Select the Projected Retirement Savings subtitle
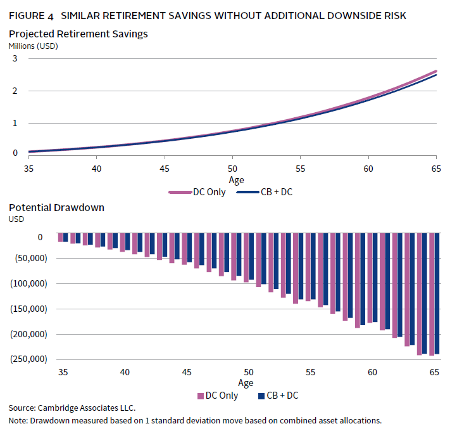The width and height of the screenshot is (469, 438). pyautogui.click(x=78, y=34)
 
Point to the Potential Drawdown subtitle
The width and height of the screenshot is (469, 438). pyautogui.click(x=56, y=207)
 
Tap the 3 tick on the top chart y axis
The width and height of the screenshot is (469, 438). pyautogui.click(x=15, y=58)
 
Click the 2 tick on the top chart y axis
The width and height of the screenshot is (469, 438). pyautogui.click(x=15, y=91)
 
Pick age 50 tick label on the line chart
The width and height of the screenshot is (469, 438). pyautogui.click(x=232, y=169)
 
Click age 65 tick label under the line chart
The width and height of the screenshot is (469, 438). pyautogui.click(x=435, y=169)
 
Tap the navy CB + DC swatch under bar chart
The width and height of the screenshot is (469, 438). pyautogui.click(x=262, y=396)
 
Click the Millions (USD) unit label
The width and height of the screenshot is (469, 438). pyautogui.click(x=33, y=45)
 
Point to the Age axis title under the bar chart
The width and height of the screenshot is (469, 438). pyautogui.click(x=246, y=383)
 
